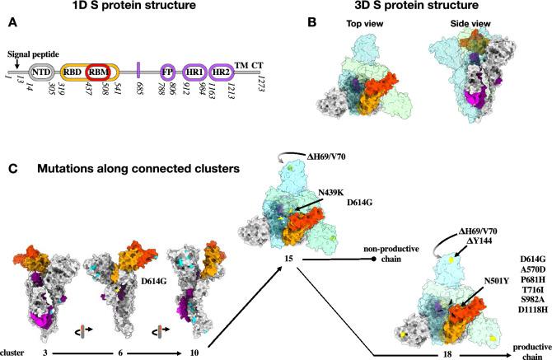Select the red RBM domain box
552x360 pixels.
(x=99, y=72)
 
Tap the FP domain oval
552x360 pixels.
(x=168, y=72)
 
